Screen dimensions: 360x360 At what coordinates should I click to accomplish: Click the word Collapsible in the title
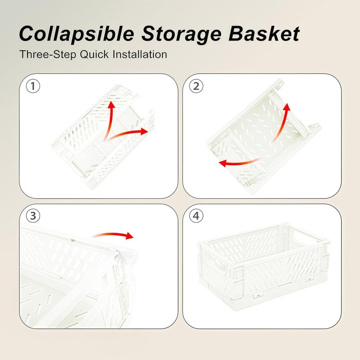coord(76,34)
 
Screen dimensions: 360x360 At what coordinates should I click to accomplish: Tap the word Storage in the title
coord(181,34)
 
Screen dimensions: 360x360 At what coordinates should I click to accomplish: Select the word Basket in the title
coord(264,33)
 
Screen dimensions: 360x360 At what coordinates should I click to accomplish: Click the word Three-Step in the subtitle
coord(48,54)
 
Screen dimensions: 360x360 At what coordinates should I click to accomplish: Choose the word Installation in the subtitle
coord(140,54)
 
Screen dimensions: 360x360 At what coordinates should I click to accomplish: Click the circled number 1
coord(33,86)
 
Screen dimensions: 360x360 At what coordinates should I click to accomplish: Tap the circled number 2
coord(196,86)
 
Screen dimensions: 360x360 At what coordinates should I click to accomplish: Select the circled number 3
coord(33,216)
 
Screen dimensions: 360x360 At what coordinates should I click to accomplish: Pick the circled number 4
coord(196,216)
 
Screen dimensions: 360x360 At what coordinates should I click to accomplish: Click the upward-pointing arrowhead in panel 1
coord(112,104)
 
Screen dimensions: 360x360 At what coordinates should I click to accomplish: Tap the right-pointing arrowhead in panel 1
coord(144,131)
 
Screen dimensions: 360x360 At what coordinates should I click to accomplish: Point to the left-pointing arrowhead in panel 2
coord(223,163)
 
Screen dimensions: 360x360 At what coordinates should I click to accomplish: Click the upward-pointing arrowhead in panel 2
coord(287,107)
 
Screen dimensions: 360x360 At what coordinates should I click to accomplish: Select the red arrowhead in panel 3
coord(130,235)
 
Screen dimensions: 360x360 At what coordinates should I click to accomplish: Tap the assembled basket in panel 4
coord(264,266)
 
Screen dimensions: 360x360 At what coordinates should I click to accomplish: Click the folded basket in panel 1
coord(103,137)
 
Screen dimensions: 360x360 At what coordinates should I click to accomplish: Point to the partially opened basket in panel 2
coord(263,136)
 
